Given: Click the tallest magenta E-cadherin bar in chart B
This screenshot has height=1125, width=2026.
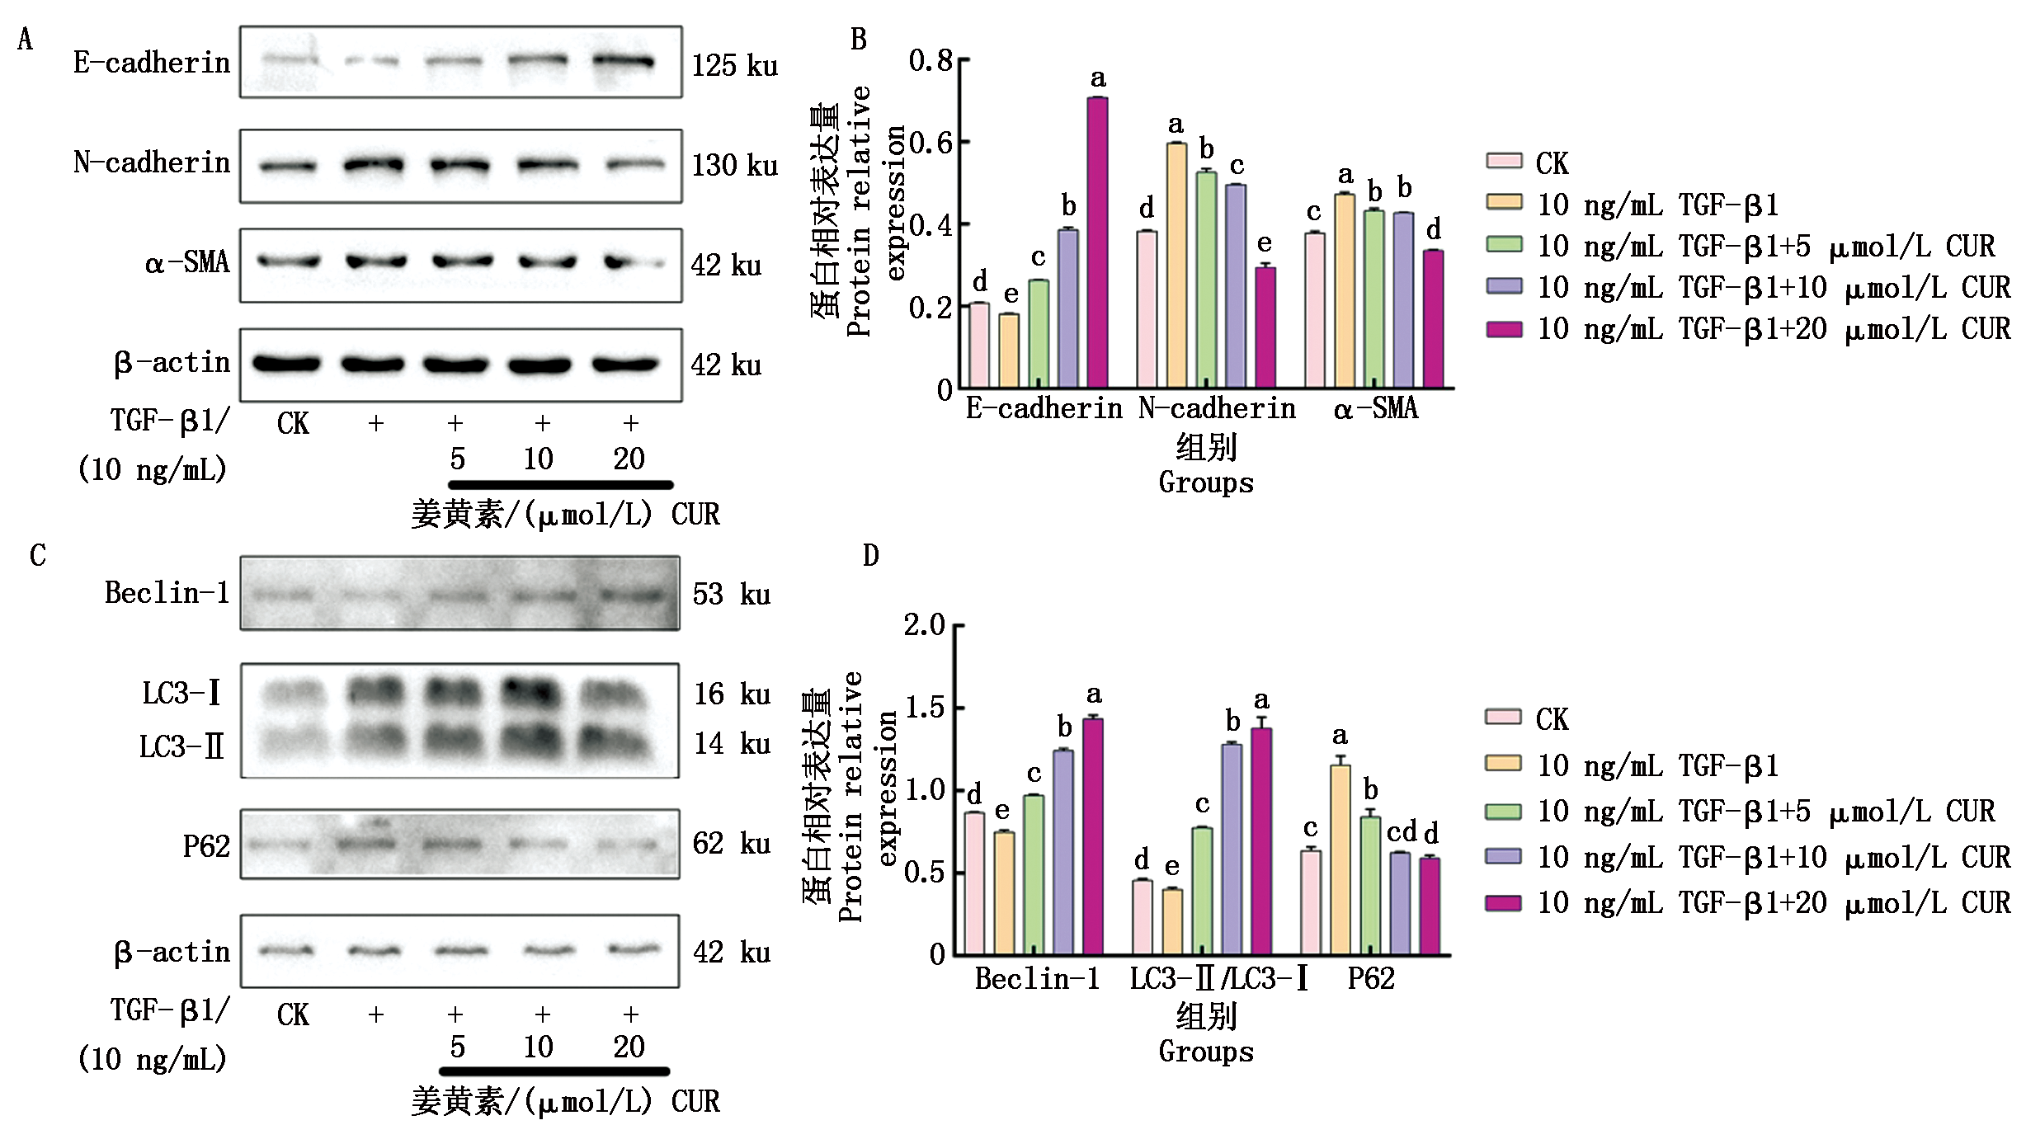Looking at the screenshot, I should (1097, 242).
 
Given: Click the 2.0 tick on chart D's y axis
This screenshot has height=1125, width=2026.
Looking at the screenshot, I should (925, 625).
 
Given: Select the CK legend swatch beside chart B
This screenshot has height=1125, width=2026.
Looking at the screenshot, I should (1504, 161).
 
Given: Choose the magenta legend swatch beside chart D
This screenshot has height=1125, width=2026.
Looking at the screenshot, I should (1503, 903).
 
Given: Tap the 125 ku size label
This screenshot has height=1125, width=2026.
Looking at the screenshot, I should (734, 66).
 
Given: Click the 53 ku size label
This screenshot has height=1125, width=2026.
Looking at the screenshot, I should (731, 595).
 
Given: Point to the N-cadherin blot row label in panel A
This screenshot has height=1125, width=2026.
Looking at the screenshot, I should (152, 163).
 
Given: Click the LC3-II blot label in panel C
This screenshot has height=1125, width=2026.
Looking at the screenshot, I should (181, 747).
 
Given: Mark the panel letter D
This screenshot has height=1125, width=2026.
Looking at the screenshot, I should (871, 556).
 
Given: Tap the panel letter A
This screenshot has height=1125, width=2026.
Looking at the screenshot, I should (26, 40).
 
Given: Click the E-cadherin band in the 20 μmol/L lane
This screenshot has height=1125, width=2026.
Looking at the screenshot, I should (623, 61).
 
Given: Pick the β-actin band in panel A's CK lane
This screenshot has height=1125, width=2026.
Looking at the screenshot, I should (286, 364).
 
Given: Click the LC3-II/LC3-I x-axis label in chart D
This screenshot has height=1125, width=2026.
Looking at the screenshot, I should (1218, 979).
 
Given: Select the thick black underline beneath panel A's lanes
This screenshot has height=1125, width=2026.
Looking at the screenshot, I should (561, 485).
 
